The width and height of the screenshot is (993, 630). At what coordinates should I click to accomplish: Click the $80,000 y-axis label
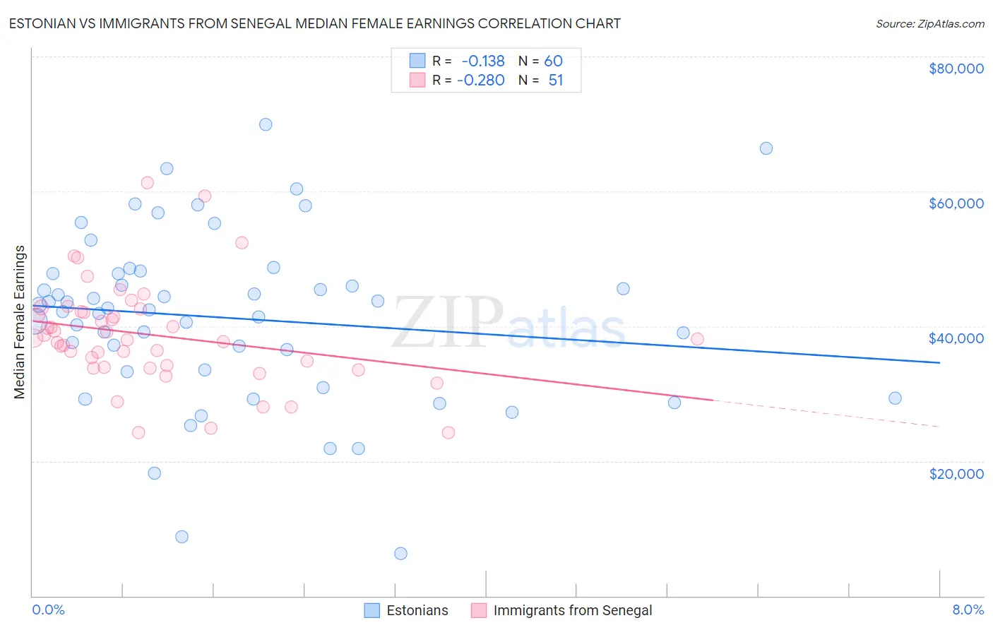956,69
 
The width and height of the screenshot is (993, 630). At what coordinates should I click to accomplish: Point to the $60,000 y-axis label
956,203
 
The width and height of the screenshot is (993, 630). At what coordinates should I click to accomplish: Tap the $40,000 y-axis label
956,338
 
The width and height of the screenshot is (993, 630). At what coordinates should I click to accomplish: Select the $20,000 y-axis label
956,473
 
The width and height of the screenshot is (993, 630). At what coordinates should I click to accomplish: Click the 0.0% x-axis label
48,610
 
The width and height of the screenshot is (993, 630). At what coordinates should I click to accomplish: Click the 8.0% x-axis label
968,610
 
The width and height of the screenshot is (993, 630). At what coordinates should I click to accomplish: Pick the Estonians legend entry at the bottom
417,611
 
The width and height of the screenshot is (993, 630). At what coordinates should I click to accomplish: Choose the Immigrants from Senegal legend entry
572,611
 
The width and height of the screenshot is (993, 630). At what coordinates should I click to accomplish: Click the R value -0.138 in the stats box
483,61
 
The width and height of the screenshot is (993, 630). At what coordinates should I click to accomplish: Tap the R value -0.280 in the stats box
481,81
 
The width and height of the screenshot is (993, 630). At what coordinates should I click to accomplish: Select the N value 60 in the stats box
553,61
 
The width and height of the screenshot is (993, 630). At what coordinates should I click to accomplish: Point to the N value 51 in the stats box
556,81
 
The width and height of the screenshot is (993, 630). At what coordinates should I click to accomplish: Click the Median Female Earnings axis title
20,322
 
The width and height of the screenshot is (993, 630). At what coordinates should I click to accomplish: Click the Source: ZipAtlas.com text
929,24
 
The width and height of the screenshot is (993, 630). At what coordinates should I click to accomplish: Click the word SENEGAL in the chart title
340,23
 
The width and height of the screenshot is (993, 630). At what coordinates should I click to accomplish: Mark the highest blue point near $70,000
266,124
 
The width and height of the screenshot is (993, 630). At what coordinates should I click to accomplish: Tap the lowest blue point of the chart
400,554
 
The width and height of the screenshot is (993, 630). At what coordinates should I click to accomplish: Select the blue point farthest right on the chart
895,398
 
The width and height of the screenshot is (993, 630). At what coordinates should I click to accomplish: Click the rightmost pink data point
697,339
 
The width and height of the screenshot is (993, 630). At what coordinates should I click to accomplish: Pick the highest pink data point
147,183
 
